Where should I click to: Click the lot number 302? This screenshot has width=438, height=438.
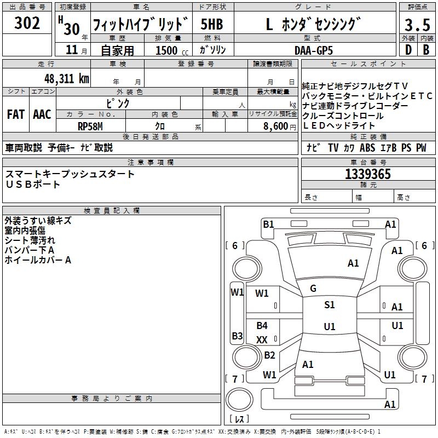pyautogui.click(x=28, y=23)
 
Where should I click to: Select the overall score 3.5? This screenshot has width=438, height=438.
pyautogui.click(x=417, y=25)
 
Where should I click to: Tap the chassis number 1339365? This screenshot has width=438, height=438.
pyautogui.click(x=368, y=175)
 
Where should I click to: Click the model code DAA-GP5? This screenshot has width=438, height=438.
pyautogui.click(x=313, y=50)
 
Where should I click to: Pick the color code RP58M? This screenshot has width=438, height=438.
pyautogui.click(x=91, y=125)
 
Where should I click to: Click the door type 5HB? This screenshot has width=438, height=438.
pyautogui.click(x=212, y=25)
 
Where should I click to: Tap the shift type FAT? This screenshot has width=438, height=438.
pyautogui.click(x=16, y=114)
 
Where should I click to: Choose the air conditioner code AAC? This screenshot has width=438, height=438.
pyautogui.click(x=42, y=114)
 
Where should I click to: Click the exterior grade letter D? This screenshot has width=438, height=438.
pyautogui.click(x=408, y=50)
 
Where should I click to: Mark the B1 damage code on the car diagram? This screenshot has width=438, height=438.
pyautogui.click(x=268, y=224)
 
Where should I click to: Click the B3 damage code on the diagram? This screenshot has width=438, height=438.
pyautogui.click(x=237, y=336)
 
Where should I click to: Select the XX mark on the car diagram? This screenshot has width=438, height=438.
pyautogui.click(x=262, y=339)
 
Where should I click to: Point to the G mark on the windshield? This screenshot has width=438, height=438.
pyautogui.click(x=313, y=288)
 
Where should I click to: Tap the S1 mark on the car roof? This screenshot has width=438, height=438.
pyautogui.click(x=329, y=305)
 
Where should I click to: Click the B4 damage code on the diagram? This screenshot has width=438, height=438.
pyautogui.click(x=262, y=326)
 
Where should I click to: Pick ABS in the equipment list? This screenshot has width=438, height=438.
pyautogui.click(x=367, y=148)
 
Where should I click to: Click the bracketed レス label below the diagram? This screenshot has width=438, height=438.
pyautogui.click(x=239, y=419)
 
